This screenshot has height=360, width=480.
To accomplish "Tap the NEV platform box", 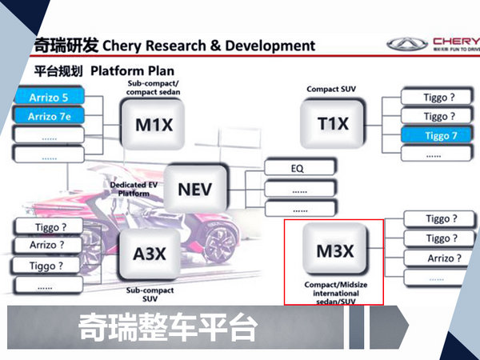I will pos(195,188).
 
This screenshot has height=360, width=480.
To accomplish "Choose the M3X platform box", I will pos(333,252).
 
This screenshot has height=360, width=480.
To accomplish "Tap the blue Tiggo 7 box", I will pos(436,135).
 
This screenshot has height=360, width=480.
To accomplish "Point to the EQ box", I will pos(298,169).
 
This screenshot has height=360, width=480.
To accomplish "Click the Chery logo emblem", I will pos(406,44).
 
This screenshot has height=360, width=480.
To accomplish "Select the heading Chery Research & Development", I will pos(209,45).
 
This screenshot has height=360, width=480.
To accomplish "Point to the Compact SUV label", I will pos(330,89).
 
